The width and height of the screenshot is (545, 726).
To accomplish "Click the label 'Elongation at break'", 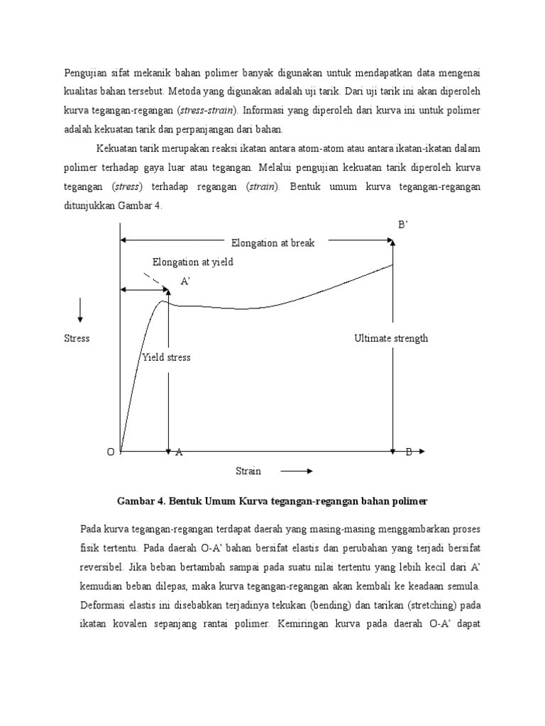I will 268,242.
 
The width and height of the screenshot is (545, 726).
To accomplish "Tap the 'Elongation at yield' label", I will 192,262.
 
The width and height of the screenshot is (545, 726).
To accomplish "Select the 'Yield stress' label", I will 166,357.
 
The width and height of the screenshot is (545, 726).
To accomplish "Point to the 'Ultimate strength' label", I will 391,338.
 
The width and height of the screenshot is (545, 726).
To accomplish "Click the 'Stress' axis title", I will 77,338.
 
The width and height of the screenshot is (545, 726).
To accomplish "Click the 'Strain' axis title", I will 248,471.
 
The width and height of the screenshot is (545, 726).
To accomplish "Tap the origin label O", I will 110,452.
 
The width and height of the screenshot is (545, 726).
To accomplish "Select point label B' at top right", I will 402,225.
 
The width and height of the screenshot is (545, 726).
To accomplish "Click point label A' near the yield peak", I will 186,281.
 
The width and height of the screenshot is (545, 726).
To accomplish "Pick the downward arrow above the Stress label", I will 80,310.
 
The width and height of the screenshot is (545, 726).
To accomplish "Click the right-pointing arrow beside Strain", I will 297,471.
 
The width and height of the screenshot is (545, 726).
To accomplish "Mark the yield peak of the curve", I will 163,301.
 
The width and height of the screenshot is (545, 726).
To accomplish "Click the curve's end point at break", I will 393,264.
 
